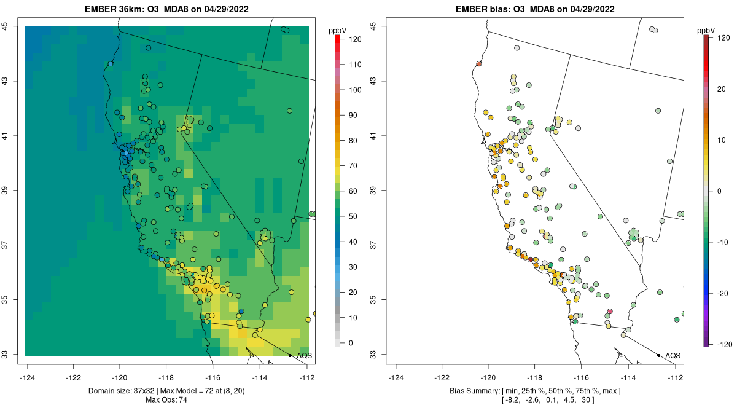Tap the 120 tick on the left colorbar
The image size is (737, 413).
[x=354, y=39]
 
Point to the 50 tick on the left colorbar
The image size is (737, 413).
[x=354, y=216]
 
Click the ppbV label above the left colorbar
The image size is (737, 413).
[x=338, y=30]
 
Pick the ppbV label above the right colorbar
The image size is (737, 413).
[x=707, y=30]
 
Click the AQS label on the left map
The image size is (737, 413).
[x=304, y=355]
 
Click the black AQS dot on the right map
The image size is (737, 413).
[x=658, y=355]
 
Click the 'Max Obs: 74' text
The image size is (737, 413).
[x=167, y=400]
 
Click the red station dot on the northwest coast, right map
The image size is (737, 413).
[x=479, y=63]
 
